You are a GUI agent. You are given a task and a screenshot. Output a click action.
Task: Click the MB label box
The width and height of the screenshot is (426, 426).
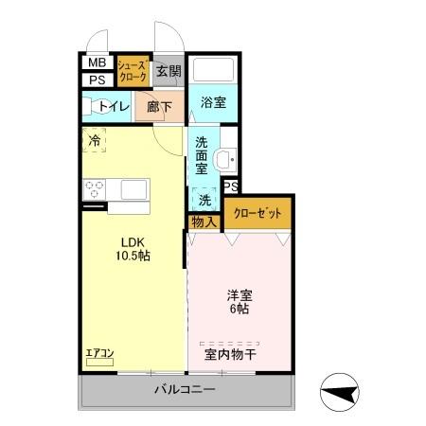pos(97,63)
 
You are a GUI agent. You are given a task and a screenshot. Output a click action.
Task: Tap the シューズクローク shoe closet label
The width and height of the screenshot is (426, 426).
pos(132,71)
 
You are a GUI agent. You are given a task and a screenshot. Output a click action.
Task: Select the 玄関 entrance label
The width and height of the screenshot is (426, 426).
pos(168,71)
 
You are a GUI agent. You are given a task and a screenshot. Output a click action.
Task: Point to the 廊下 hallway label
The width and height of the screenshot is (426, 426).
pos(158,107)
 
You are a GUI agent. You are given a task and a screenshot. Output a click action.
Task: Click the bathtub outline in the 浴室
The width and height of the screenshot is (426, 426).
pos(213,71)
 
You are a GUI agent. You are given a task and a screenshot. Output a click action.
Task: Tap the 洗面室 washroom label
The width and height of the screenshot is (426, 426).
pos(202,155)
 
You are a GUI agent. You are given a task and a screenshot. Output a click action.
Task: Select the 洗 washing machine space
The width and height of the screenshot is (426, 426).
pos(204,199)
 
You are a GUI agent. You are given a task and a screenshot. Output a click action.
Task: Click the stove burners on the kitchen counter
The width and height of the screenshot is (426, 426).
pos(94,189)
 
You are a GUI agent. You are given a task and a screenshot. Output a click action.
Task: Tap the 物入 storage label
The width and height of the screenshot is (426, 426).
pos(204,222)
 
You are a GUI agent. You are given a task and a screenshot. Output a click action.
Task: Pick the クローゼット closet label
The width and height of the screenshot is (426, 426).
pos(257,214)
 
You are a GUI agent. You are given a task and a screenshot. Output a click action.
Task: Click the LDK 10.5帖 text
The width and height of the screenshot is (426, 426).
pos(133,248)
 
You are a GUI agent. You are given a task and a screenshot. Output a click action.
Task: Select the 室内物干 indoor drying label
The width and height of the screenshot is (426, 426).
pos(233,355)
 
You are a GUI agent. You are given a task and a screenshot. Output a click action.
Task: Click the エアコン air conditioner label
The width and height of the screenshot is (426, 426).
pos(99,354)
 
